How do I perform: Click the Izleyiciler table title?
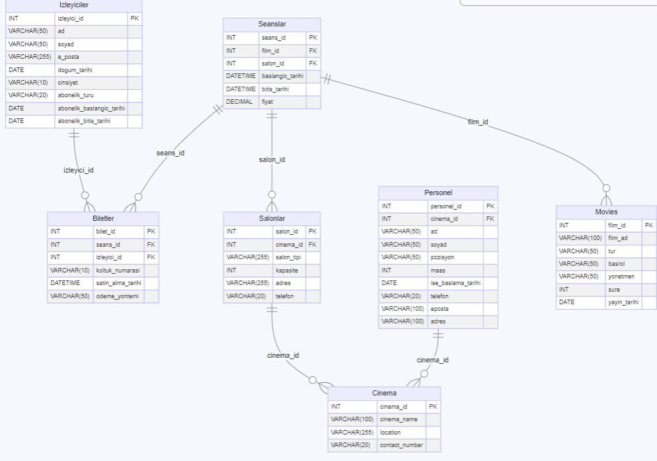click(x=73, y=5)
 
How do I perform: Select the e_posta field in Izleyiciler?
click(x=69, y=57)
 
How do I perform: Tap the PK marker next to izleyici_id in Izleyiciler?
click(x=135, y=19)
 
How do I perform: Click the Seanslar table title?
click(x=272, y=24)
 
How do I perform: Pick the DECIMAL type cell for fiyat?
click(x=235, y=102)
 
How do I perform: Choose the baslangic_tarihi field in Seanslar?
click(x=282, y=76)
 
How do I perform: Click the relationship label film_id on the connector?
click(x=478, y=122)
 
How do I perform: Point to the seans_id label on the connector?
click(x=170, y=153)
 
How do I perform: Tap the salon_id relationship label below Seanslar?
click(x=272, y=159)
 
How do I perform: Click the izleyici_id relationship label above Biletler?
click(x=78, y=170)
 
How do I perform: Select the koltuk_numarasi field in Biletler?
click(x=118, y=270)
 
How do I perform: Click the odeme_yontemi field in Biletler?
click(x=117, y=296)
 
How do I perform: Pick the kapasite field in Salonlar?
click(x=287, y=270)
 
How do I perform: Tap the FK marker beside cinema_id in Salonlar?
click(x=313, y=244)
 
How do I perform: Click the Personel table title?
click(x=438, y=192)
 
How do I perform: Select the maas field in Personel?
click(x=437, y=270)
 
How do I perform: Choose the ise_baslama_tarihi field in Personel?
click(x=455, y=282)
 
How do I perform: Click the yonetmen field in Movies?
click(x=621, y=276)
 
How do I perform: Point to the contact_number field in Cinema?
click(x=401, y=445)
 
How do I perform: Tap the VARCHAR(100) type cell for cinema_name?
click(x=352, y=419)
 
